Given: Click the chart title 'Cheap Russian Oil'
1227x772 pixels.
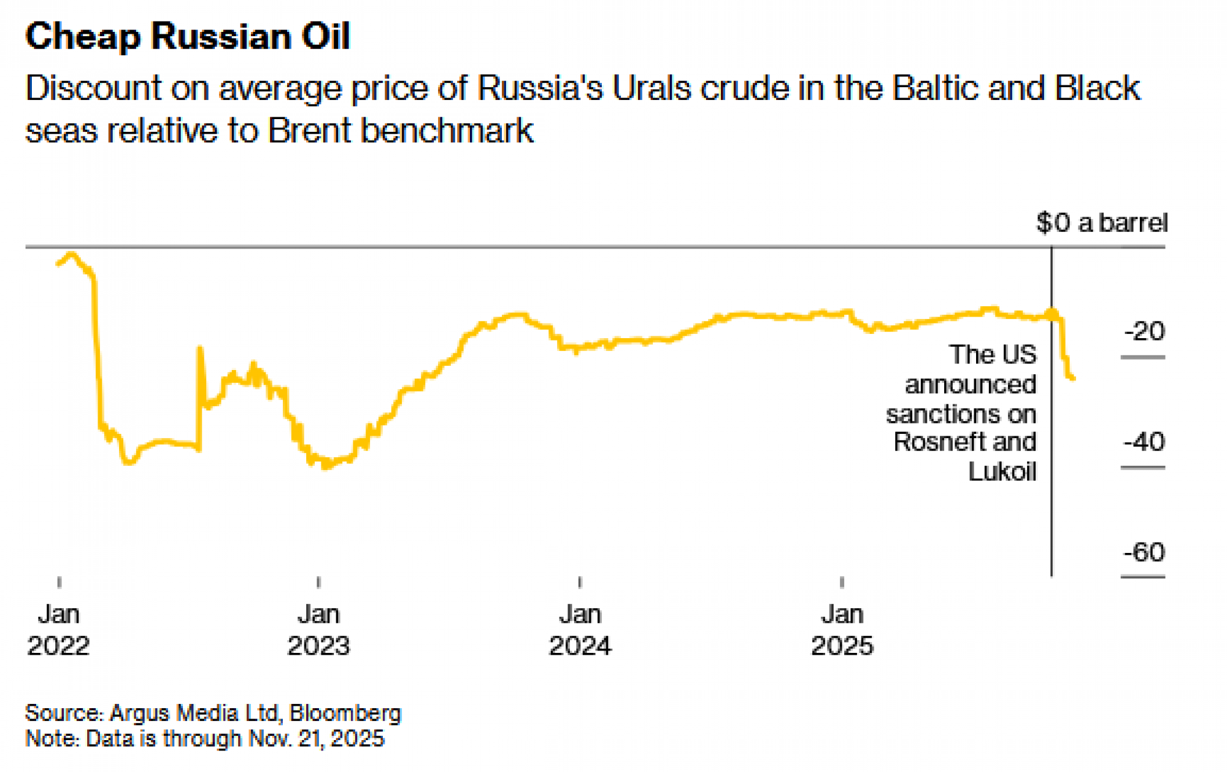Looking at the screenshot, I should (187, 36).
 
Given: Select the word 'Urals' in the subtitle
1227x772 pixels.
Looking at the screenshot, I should (652, 88).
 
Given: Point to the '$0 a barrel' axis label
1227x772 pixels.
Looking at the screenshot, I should (1101, 223).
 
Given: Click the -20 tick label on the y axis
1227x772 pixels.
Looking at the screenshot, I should (1144, 332).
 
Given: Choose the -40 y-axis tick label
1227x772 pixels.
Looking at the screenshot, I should (1144, 442).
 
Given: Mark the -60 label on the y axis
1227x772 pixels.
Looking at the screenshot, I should (1144, 552).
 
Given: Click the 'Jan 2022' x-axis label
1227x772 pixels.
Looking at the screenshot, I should (59, 630).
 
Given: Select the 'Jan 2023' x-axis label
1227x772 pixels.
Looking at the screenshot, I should (318, 630).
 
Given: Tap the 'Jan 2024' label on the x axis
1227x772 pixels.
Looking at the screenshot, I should (580, 630).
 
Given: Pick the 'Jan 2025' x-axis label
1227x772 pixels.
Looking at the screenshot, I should (842, 630).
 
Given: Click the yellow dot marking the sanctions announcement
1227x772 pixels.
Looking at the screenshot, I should (1052, 315).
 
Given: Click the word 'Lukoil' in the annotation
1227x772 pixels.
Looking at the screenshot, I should (1002, 472).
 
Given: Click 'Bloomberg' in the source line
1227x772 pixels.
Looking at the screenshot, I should (345, 713).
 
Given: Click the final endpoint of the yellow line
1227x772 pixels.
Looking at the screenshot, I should (1073, 379).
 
